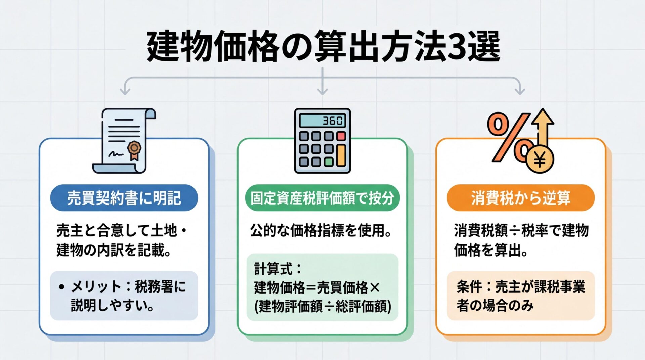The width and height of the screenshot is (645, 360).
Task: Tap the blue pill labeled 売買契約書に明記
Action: (x=124, y=198)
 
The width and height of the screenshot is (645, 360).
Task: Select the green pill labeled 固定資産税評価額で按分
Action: (x=322, y=198)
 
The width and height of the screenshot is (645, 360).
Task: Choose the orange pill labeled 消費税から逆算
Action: (x=520, y=198)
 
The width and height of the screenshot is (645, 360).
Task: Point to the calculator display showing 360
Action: (x=322, y=120)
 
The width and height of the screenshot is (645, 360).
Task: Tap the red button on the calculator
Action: (x=341, y=136)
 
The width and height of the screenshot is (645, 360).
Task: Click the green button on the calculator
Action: (x=328, y=162)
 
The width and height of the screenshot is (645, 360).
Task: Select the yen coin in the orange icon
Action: (x=540, y=160)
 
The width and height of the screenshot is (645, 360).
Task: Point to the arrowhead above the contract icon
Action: (x=125, y=91)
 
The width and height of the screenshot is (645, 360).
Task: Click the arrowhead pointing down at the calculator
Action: (x=322, y=91)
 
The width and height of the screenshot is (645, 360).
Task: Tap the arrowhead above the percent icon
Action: (x=520, y=91)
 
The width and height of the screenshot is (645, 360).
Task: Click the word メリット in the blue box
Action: (x=96, y=287)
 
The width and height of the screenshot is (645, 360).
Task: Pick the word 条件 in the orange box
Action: (x=469, y=287)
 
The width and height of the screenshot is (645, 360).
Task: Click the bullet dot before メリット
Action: (x=61, y=287)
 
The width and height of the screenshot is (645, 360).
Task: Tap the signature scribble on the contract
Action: (x=115, y=154)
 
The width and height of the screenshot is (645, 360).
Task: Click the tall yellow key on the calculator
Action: (x=341, y=155)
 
